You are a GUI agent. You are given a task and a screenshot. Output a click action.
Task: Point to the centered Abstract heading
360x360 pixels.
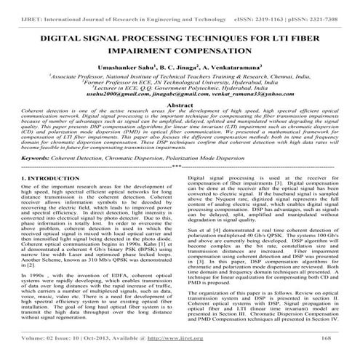(180, 105)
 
